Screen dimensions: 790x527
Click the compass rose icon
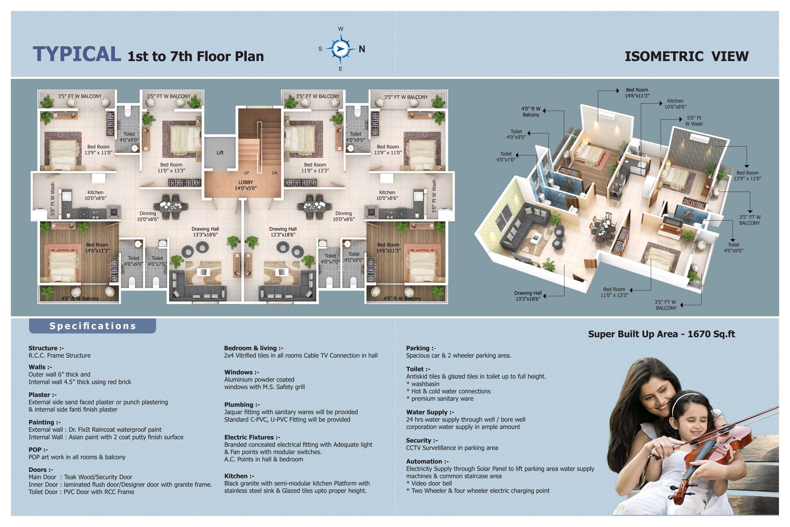click(x=340, y=49)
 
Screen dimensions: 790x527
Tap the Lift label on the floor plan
click(x=220, y=153)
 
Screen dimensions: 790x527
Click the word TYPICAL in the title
click(x=77, y=54)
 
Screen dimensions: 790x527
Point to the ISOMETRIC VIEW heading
click(x=686, y=56)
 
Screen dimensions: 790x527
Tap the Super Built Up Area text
click(x=661, y=334)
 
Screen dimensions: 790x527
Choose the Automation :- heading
click(x=427, y=461)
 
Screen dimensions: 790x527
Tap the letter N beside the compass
click(x=362, y=49)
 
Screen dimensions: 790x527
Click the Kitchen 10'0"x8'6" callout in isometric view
click(x=675, y=104)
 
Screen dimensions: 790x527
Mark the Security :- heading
click(x=422, y=440)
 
